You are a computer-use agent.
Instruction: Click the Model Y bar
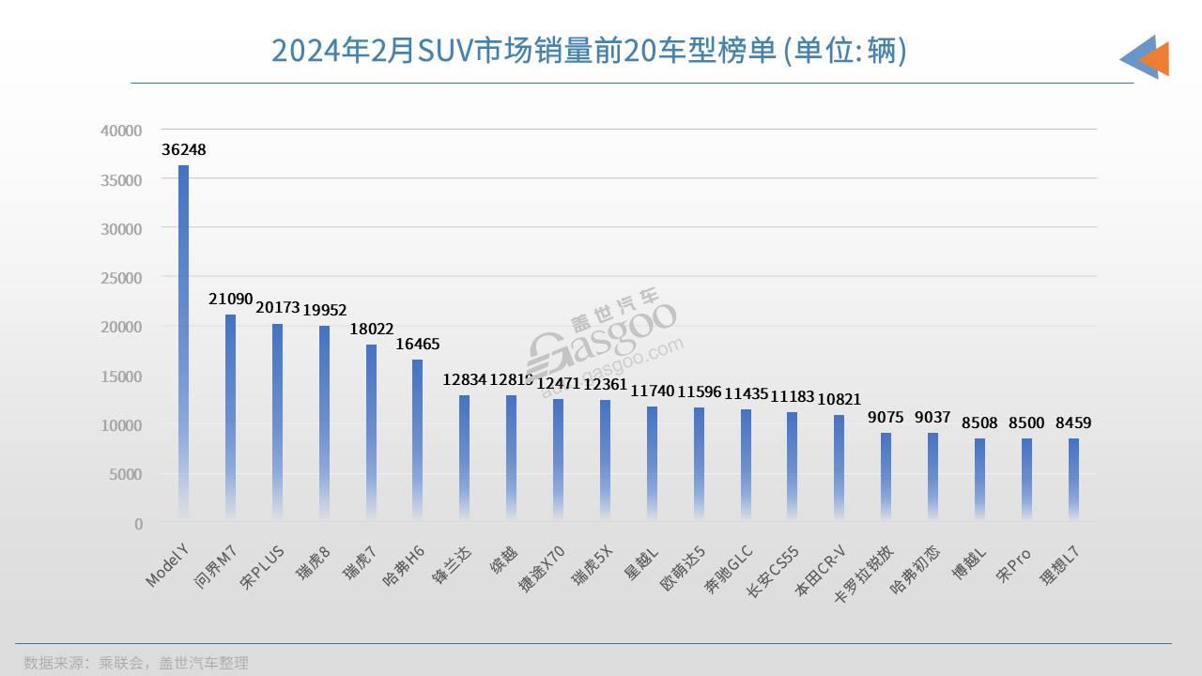point(183,343)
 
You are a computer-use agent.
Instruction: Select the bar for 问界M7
point(230,418)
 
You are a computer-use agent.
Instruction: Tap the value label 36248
point(183,149)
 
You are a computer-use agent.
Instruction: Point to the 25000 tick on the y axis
point(122,278)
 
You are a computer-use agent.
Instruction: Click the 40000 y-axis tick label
point(122,131)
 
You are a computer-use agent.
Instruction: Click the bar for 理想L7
point(1073,479)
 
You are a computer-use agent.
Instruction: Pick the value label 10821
point(839,400)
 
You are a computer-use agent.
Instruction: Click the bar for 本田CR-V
point(839,468)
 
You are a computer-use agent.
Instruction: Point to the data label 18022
point(370,330)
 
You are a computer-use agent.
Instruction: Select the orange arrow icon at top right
point(1153,58)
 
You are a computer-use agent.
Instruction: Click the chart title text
point(588,50)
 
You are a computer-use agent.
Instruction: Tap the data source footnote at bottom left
point(136,662)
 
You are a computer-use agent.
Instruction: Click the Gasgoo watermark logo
point(602,347)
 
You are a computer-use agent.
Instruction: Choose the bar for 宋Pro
point(1026,479)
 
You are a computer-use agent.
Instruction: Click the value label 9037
point(932,417)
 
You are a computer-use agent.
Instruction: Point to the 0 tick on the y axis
point(138,524)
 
